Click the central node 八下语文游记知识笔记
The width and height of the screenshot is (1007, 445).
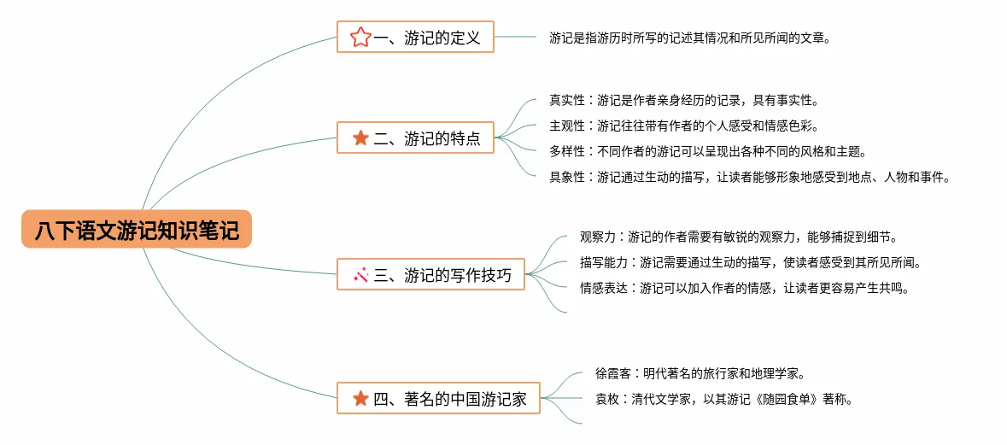point(137,230)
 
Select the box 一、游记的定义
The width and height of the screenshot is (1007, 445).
point(416,37)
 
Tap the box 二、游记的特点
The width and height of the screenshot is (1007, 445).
point(416,138)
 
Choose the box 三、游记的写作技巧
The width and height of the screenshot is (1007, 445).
point(431,274)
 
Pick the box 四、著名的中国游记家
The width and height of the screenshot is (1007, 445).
point(439,398)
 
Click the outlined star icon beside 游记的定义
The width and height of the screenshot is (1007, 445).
point(360,37)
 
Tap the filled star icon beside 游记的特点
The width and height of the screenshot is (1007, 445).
point(360,138)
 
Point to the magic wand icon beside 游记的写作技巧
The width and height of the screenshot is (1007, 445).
point(360,274)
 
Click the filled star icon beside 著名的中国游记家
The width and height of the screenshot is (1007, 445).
point(360,398)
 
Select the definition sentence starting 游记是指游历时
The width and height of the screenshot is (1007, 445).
point(689,38)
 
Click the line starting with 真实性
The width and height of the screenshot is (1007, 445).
point(683,100)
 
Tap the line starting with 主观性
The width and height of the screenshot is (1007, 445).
point(683,126)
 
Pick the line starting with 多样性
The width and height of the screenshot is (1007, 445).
point(707,151)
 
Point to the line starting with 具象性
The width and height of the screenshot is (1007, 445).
point(749,177)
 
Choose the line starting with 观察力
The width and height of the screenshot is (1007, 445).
point(738,237)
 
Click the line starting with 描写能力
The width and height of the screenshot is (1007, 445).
point(750,262)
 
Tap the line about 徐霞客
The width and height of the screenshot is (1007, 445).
point(700,373)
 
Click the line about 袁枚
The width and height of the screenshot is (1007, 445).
point(723,399)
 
